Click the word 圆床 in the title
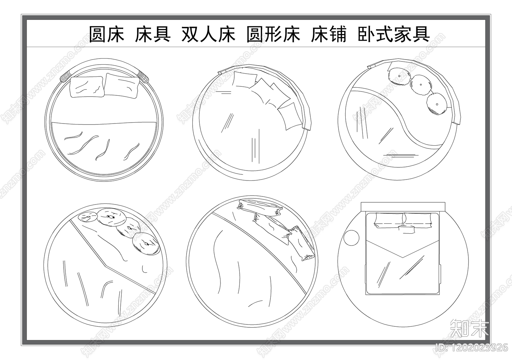coord(106,34)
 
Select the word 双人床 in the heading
coord(208,34)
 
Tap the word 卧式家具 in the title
coord(394,34)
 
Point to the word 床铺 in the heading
coord(328,34)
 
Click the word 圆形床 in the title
coord(273,34)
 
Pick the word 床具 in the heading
coord(152,34)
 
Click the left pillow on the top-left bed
coord(87,87)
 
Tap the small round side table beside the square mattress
coord(352,238)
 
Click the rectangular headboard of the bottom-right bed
coord(403,206)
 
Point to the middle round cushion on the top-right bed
coord(420,85)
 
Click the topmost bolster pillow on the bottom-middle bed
coord(260,207)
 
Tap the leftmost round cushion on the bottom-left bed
coord(87,217)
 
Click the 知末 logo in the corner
coord(469,328)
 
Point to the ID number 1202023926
coord(472,347)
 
